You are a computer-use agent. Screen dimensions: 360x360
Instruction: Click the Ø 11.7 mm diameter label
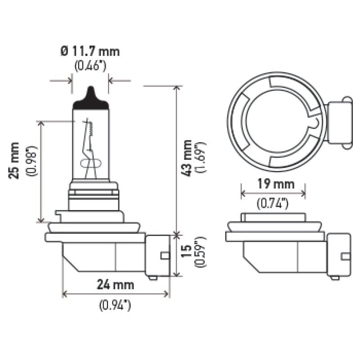(x=90, y=51)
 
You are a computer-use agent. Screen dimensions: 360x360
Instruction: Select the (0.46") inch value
(x=90, y=67)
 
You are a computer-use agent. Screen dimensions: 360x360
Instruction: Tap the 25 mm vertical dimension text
(x=15, y=160)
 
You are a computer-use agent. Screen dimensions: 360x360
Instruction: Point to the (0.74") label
(x=273, y=204)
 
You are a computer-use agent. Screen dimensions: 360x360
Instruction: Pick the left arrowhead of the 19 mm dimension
(x=243, y=194)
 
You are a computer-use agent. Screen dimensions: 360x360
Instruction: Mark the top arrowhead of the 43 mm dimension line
(x=176, y=87)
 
